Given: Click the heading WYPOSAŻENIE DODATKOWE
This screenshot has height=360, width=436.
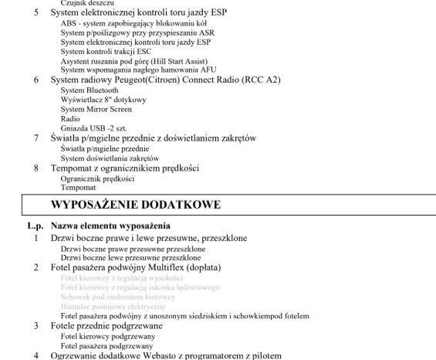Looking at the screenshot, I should (x=136, y=205).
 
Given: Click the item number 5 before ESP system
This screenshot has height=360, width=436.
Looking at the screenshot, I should (x=35, y=13).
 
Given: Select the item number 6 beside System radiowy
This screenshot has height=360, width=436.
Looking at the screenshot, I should (x=35, y=80).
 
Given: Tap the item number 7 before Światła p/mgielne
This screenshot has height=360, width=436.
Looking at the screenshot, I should (x=35, y=138).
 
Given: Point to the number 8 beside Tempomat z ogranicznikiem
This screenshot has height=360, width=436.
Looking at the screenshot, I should (x=35, y=168).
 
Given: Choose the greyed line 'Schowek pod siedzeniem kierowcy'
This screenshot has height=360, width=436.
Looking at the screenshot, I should (x=117, y=297).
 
